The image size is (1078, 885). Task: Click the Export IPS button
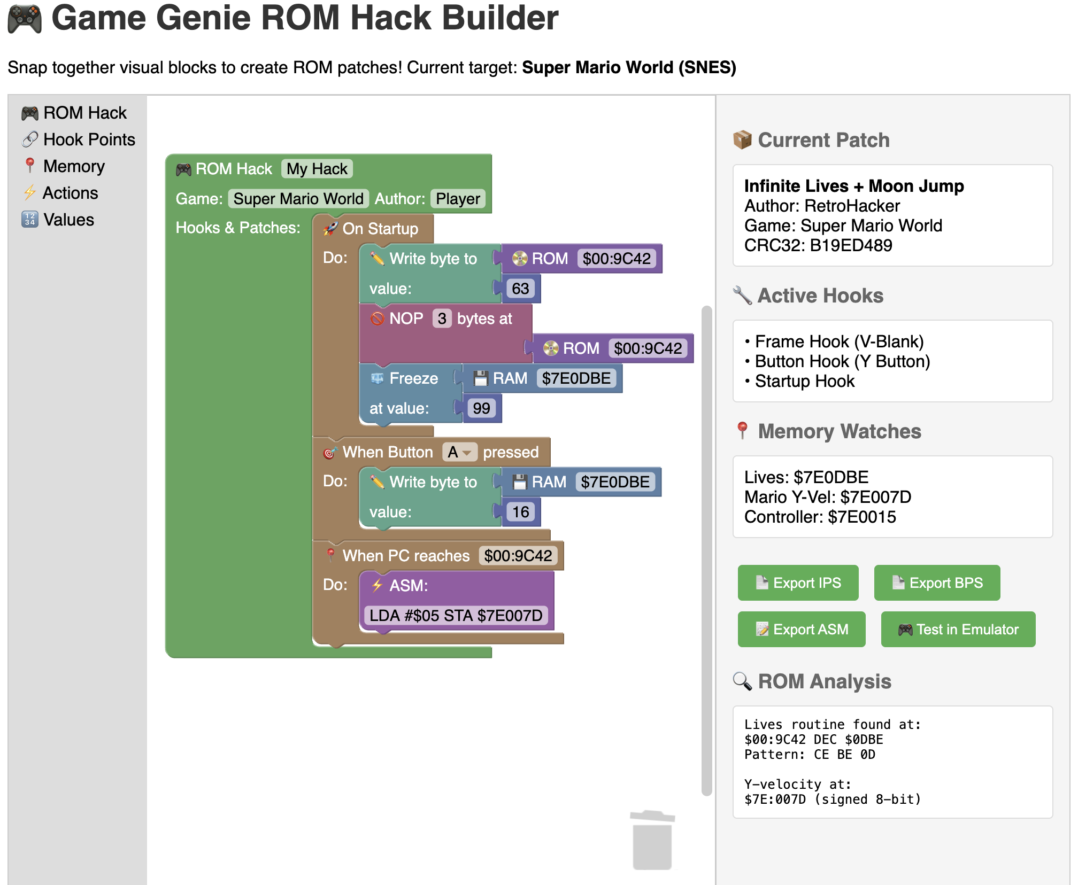[798, 583]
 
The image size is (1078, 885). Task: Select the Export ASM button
[802, 629]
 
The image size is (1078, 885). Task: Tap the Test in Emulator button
[958, 629]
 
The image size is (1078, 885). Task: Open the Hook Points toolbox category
[79, 139]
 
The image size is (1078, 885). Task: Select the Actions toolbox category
[60, 193]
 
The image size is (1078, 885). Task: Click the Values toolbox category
[58, 220]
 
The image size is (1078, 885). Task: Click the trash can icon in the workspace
[652, 840]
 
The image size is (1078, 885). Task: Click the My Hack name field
[317, 169]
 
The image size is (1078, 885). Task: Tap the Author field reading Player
[458, 199]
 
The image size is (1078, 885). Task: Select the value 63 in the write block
[520, 289]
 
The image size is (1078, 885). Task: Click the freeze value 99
[481, 408]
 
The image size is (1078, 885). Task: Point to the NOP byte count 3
[442, 319]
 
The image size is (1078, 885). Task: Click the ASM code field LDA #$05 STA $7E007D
[456, 616]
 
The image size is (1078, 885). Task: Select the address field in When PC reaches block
[518, 556]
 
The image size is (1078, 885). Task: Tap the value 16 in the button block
[520, 512]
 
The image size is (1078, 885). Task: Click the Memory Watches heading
[840, 431]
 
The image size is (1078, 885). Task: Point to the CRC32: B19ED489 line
[818, 245]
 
